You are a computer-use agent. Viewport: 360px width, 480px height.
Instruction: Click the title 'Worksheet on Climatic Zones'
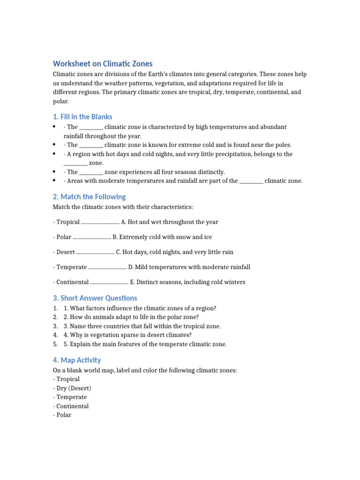(103, 64)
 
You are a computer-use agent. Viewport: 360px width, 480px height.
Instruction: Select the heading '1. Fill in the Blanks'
(82, 117)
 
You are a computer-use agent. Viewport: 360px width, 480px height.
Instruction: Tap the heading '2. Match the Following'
(89, 197)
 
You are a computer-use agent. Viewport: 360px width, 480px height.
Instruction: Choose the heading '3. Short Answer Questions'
(95, 298)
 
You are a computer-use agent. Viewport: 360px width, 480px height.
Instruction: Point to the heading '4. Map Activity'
(77, 360)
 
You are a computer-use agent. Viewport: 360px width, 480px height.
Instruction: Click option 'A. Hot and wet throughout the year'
(169, 222)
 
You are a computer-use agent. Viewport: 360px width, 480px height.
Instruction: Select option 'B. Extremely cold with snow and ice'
(162, 237)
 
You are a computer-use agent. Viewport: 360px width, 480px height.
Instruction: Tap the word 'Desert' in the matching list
(66, 252)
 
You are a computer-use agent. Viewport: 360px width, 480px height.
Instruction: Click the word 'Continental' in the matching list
(73, 282)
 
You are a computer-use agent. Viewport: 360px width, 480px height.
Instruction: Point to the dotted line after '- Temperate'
(107, 267)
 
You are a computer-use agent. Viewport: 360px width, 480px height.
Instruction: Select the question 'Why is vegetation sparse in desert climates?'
(127, 335)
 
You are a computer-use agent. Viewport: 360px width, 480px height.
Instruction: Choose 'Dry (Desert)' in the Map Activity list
(74, 388)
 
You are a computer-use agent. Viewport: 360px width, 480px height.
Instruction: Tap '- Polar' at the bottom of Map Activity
(62, 415)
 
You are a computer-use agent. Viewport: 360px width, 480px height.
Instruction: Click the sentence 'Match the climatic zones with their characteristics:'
(123, 207)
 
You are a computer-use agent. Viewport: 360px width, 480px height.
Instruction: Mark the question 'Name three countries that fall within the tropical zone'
(142, 326)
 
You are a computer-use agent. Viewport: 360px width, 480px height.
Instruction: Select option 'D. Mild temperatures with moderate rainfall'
(189, 267)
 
